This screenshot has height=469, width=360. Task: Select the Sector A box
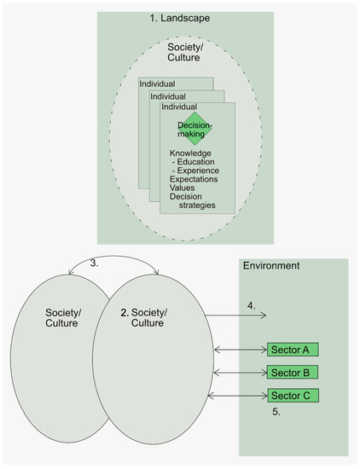click(x=293, y=349)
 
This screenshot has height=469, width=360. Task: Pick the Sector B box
click(x=293, y=372)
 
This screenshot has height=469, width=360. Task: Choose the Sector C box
click(x=293, y=395)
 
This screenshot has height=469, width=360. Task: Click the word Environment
click(x=272, y=266)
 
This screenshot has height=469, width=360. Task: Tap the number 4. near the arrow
click(x=252, y=305)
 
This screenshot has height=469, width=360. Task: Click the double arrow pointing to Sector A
click(x=241, y=349)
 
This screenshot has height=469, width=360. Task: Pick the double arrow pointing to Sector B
click(x=241, y=372)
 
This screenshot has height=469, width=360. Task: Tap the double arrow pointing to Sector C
click(x=241, y=395)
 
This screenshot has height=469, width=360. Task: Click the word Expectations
click(x=194, y=179)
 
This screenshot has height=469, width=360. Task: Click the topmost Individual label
click(x=157, y=84)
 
